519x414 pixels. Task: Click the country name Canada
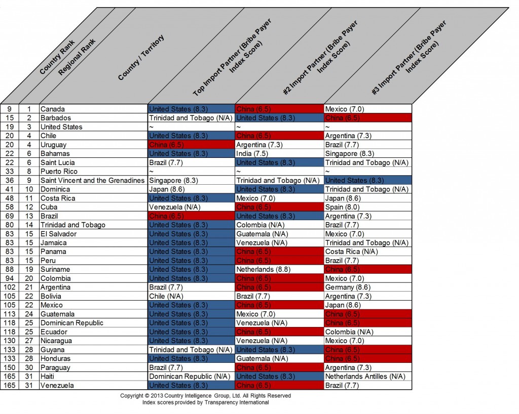(52, 109)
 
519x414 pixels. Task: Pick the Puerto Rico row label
(57, 171)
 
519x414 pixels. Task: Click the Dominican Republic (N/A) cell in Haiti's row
(190, 376)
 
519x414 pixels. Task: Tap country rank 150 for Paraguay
(9, 367)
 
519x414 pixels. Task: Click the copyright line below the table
(205, 396)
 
